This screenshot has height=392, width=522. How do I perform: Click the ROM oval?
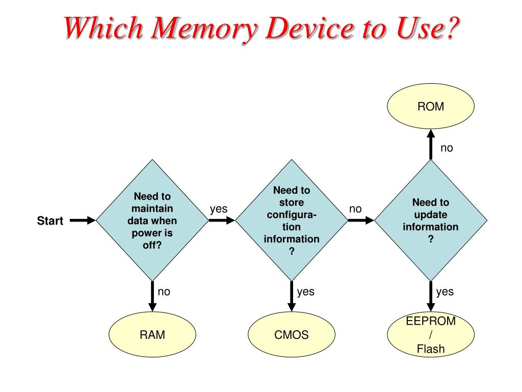click(x=431, y=107)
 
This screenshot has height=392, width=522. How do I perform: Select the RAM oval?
click(x=152, y=335)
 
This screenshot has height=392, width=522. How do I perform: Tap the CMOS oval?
click(x=292, y=335)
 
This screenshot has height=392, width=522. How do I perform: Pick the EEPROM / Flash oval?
click(x=431, y=335)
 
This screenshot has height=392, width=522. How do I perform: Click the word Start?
click(x=50, y=221)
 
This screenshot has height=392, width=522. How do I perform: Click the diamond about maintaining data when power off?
click(x=152, y=220)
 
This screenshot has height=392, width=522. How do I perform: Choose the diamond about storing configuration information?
click(x=292, y=220)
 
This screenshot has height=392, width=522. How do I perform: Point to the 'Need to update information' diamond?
click(x=431, y=220)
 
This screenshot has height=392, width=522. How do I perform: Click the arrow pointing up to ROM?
click(x=431, y=143)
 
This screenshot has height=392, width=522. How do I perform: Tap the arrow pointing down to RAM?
click(x=152, y=296)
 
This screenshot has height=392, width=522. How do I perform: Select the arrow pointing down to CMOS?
click(x=292, y=296)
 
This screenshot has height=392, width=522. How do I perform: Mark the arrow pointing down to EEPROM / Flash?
click(x=431, y=296)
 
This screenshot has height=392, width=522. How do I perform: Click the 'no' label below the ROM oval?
click(x=447, y=149)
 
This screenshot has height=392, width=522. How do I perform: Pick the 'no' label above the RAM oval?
click(x=164, y=292)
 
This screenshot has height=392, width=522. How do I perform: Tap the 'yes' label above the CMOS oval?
click(x=306, y=292)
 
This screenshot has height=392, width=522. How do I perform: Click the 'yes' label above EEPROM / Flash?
click(x=445, y=292)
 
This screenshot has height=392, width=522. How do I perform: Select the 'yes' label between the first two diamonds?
click(x=219, y=209)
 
